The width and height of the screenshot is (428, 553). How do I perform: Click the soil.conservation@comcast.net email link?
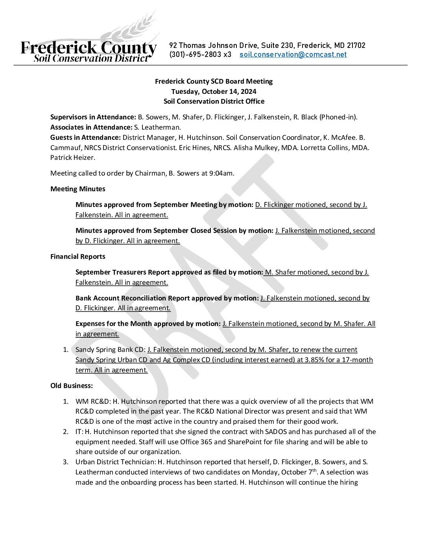293,55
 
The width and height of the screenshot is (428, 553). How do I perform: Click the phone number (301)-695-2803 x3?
200,55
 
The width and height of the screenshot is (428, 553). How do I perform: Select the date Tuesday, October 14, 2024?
214,92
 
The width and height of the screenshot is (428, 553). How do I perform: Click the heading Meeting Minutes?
78,189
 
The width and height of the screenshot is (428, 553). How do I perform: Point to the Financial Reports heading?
78,256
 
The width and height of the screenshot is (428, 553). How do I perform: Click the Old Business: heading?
72,386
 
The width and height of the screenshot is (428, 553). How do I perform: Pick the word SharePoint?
244,442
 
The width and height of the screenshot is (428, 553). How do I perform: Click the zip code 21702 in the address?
356,46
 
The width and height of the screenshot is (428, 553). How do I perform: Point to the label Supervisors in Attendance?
93,117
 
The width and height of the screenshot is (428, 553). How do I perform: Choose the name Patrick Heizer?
72,157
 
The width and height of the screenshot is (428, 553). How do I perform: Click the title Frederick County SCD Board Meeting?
214,81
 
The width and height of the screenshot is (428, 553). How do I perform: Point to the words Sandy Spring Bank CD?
111,350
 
